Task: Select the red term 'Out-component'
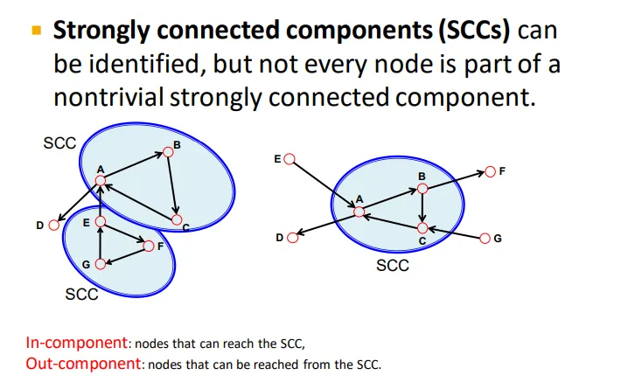coord(82,363)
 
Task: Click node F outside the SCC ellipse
coord(491,172)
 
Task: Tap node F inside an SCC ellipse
coord(148,246)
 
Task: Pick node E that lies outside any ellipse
coord(290,160)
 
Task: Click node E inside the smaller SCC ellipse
coord(101,223)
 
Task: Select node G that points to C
coord(486,238)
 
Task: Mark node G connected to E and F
coord(101,263)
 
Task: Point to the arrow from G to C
coord(455,233)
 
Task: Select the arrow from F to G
coord(124,254)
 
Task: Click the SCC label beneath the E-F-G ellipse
coord(81,295)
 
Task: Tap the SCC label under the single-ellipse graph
coord(392,265)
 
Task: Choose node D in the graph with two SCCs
coord(54,225)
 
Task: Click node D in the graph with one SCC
coord(293,236)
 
